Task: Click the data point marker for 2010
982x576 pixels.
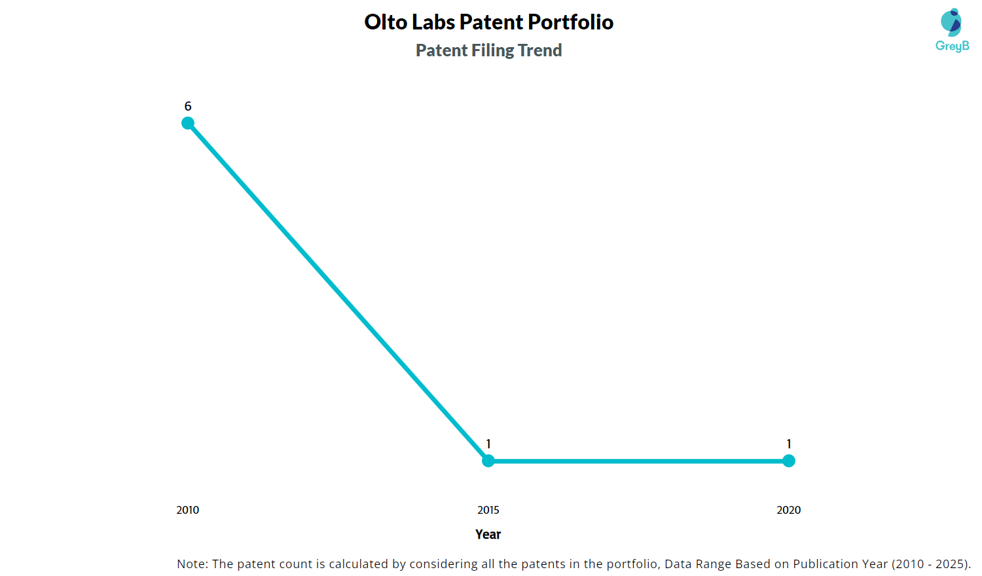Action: point(188,123)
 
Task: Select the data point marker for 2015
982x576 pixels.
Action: point(488,461)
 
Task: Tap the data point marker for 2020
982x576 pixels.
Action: point(789,461)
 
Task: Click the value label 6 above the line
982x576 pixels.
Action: point(188,106)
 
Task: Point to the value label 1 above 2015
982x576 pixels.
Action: point(488,444)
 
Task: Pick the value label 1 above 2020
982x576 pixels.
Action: point(789,444)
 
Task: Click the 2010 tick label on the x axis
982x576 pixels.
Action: point(188,510)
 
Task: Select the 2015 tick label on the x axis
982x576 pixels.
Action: point(488,510)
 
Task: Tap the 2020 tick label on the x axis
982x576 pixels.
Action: point(789,510)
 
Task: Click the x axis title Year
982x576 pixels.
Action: point(488,534)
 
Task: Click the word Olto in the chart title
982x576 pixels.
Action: point(386,22)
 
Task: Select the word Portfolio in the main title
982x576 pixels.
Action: point(571,22)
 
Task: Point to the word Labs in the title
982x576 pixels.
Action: point(433,22)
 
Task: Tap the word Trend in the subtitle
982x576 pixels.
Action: point(540,50)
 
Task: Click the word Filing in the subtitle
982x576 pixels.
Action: point(493,50)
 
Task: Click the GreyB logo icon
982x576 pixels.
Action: point(951,22)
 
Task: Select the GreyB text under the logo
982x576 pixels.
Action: point(952,46)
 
